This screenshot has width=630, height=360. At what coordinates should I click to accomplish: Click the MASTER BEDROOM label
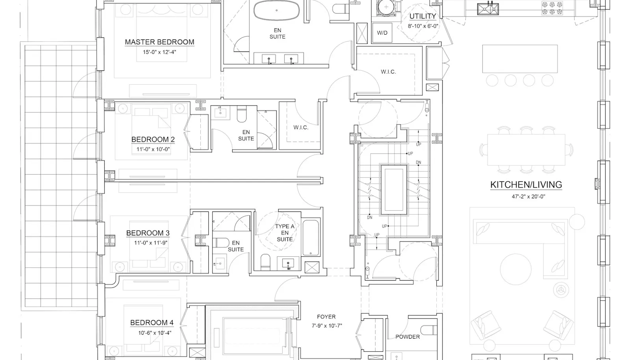tap(159, 42)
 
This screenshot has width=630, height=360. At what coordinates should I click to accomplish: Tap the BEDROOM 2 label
tap(153, 139)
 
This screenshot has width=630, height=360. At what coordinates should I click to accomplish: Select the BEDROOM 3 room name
tap(148, 233)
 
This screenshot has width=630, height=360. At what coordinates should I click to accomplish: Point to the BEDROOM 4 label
tap(152, 323)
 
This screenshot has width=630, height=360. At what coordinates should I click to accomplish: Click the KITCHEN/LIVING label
tap(526, 185)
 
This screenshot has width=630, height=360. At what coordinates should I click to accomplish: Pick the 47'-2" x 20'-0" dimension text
tap(528, 197)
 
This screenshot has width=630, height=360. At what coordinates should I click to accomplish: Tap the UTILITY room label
tap(423, 16)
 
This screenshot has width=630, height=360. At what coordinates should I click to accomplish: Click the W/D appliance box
tap(382, 33)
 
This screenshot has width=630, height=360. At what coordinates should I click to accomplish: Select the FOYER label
tap(326, 317)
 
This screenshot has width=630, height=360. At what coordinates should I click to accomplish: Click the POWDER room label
tap(408, 337)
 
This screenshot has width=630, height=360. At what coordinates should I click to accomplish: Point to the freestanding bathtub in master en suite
tap(276, 10)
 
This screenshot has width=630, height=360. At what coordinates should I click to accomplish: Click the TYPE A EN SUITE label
tap(285, 233)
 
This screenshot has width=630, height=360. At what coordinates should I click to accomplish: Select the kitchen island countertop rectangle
tap(520, 59)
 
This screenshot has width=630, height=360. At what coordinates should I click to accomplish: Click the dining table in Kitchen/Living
tap(526, 150)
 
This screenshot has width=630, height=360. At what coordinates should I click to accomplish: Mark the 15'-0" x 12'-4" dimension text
tap(159, 52)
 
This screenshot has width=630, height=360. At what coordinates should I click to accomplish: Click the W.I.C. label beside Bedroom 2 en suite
tap(301, 127)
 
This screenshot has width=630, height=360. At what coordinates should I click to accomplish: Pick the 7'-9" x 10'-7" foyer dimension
tap(327, 326)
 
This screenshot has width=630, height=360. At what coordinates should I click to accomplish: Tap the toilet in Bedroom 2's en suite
tap(242, 114)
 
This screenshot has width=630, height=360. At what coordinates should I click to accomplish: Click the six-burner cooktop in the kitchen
tap(552, 8)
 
